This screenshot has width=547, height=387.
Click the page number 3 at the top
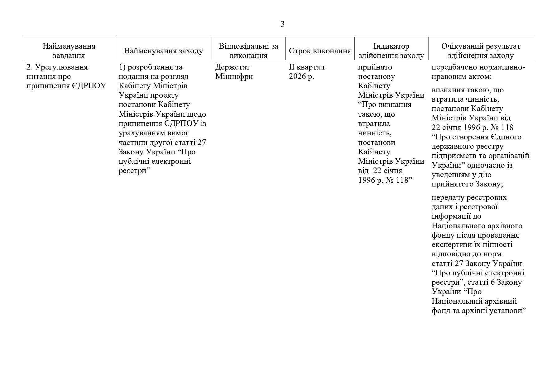pos(282,24)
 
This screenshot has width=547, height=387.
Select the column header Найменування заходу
pos(163,51)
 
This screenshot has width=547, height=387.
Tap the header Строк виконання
pos(320,51)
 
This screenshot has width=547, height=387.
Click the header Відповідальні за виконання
pos(248,51)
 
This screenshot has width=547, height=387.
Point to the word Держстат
pos(233,67)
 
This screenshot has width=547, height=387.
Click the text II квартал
pos(306,67)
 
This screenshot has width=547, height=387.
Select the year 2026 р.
pos(301,76)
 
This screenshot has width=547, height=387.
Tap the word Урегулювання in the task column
pos(61,67)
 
